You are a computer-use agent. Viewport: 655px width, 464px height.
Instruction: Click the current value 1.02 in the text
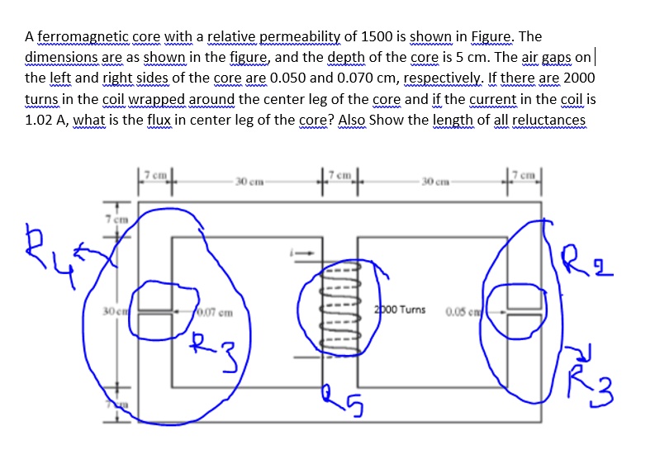(41, 120)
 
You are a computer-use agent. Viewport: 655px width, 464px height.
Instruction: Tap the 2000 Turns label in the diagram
(400, 310)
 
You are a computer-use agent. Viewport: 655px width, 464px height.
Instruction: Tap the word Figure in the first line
(491, 37)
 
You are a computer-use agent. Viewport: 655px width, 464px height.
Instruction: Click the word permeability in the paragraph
(301, 37)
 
